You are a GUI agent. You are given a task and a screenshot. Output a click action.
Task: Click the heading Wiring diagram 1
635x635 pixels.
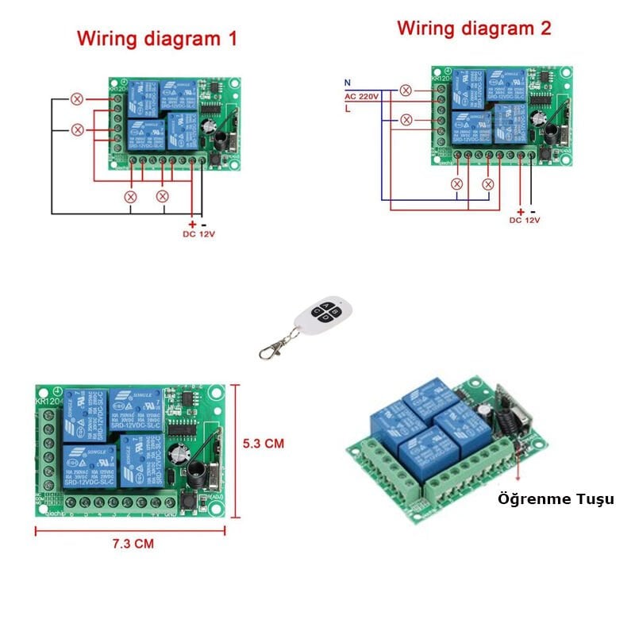click(156, 38)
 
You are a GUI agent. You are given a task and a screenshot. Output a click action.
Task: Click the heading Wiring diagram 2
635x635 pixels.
click(474, 29)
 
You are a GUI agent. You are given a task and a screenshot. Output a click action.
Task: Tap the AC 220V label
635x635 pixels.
click(361, 95)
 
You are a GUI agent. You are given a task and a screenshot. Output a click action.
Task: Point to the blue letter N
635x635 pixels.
click(347, 83)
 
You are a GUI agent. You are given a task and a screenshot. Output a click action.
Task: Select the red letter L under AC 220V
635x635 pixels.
click(347, 109)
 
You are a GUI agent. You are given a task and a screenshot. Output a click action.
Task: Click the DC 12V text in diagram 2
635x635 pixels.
click(525, 220)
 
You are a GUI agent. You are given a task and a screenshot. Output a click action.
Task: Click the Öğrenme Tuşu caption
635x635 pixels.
click(556, 499)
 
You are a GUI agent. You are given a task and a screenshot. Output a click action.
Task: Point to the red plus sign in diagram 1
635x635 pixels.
click(192, 225)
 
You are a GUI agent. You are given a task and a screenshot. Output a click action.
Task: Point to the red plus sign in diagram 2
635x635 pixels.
click(521, 211)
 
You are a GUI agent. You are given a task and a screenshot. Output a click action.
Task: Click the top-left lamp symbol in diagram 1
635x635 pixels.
click(77, 99)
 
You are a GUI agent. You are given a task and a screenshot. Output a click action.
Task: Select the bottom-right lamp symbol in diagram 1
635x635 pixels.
click(163, 195)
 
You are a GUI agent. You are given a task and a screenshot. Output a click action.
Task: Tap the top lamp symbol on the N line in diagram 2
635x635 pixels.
click(406, 90)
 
